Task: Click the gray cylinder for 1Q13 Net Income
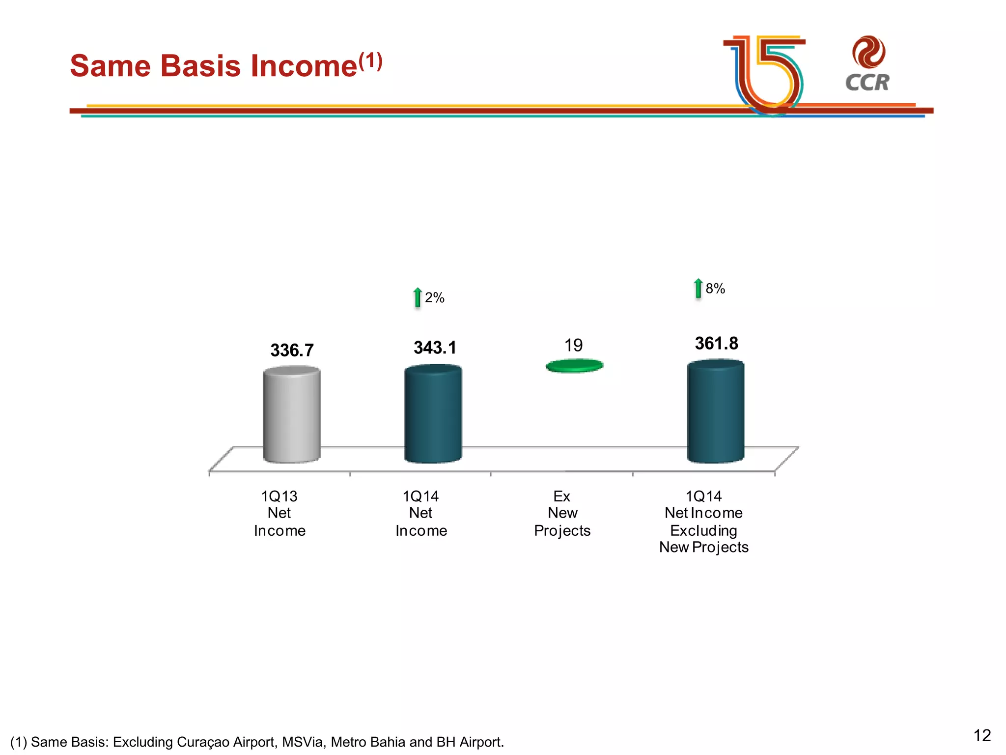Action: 292,415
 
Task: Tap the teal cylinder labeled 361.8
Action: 715,412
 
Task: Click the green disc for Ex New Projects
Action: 574,366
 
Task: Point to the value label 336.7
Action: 292,350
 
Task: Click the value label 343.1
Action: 435,348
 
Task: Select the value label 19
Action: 573,346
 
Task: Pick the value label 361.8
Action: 716,344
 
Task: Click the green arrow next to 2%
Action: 418,297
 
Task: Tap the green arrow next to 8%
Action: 698,289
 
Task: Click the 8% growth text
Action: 715,289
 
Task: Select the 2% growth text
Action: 435,298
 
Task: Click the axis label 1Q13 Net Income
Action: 279,513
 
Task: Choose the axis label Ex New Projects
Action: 562,513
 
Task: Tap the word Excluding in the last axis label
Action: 703,531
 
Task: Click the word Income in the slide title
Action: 304,66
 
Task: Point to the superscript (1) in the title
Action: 370,61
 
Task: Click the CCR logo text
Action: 867,83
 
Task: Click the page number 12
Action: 982,735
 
